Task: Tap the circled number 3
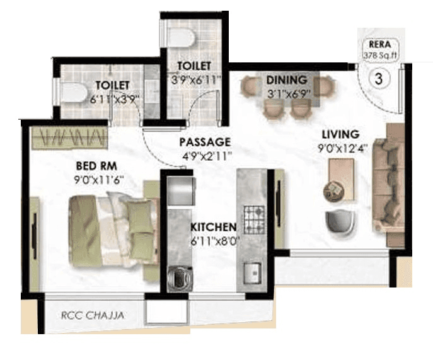click(378, 79)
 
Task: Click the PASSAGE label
click(204, 142)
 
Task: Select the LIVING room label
click(340, 134)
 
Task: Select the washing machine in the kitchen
click(178, 277)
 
